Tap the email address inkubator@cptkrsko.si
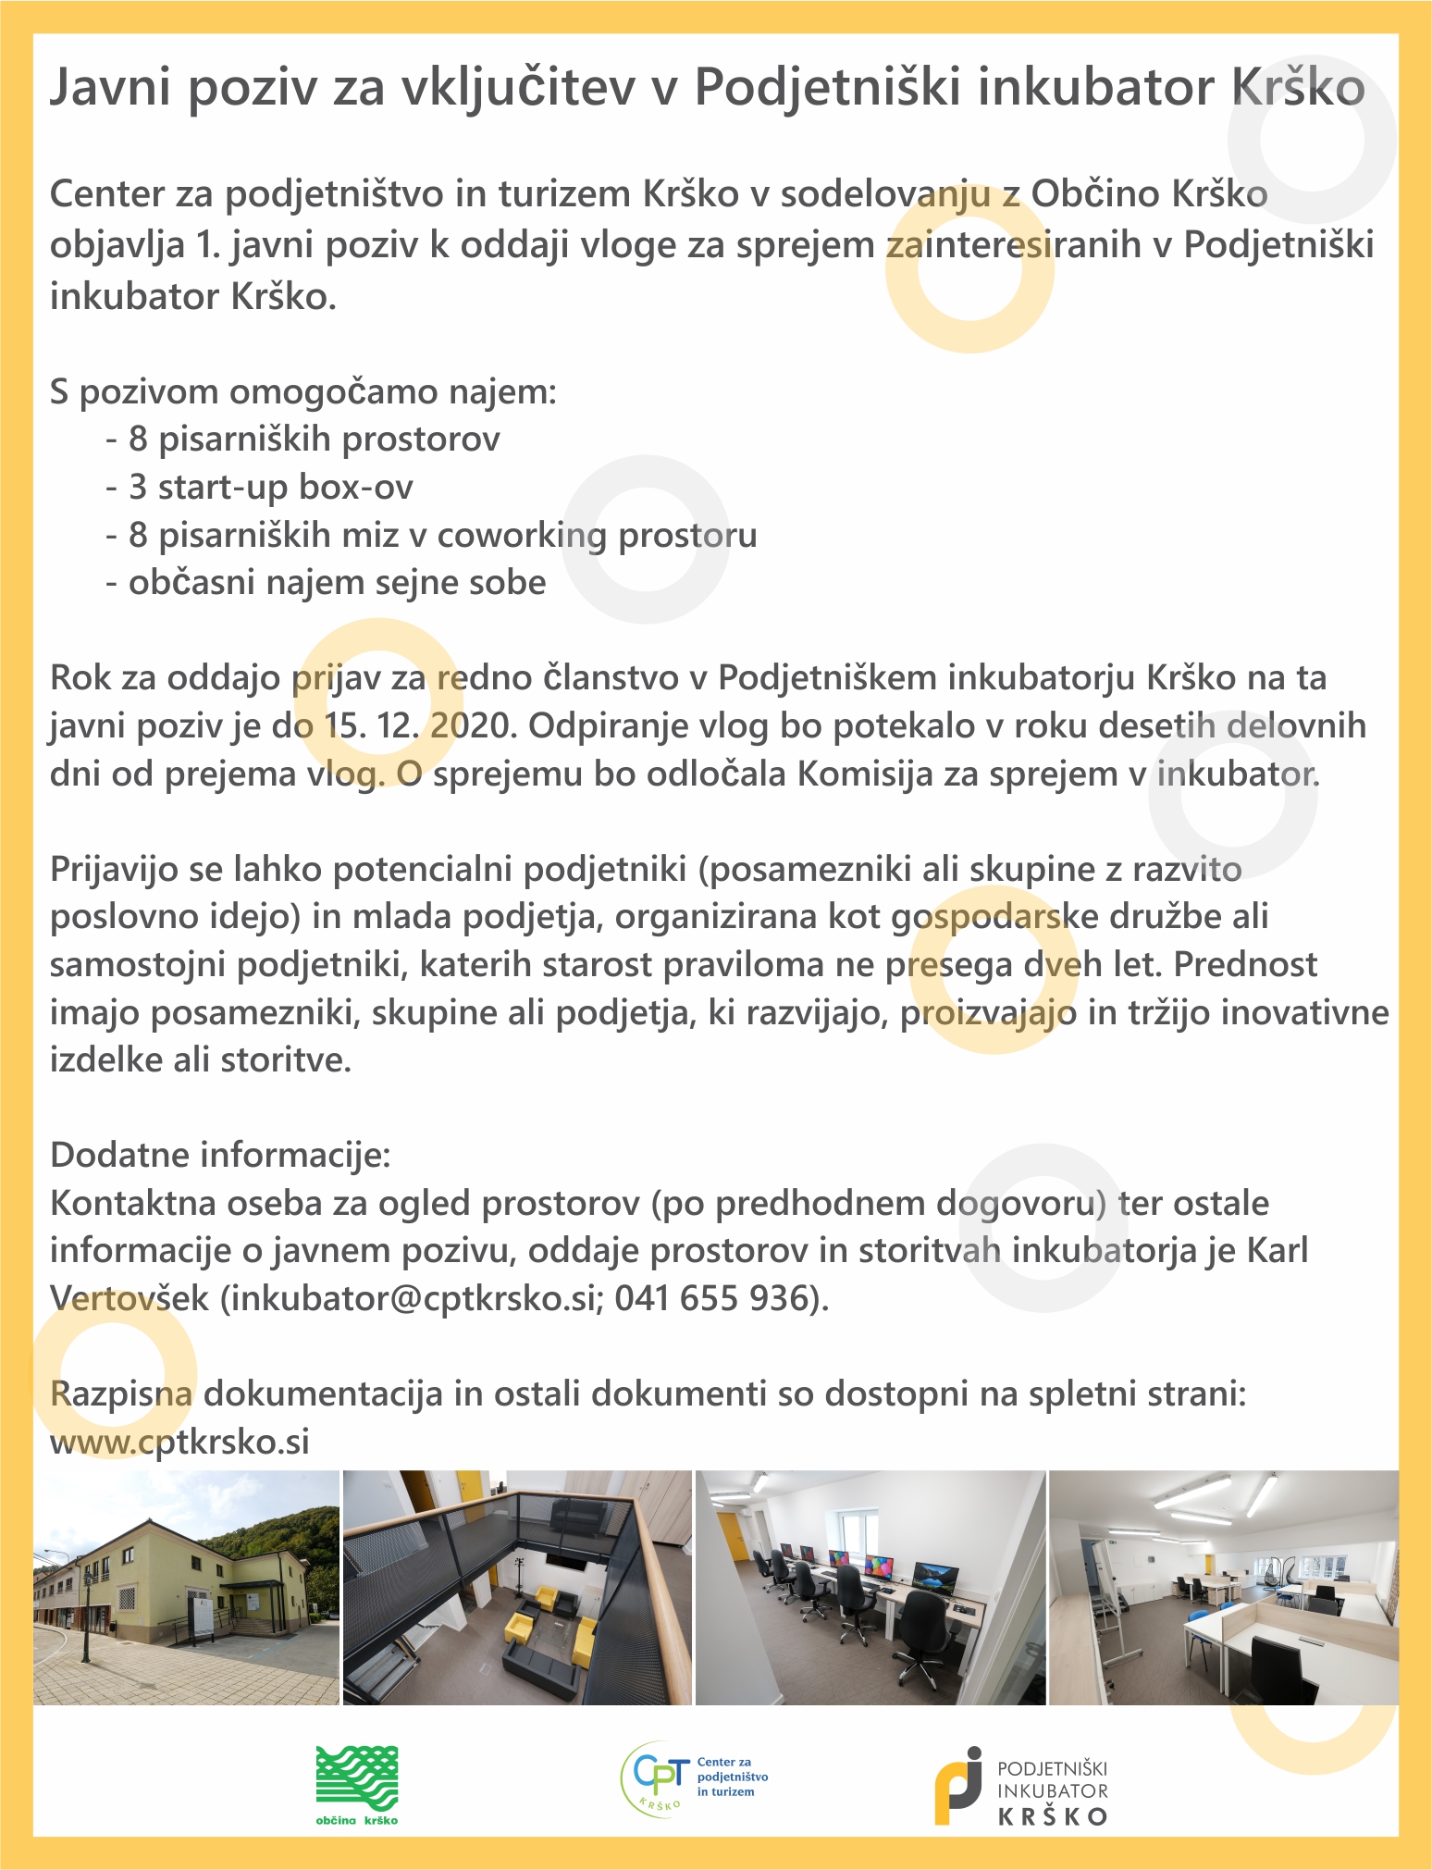[x=412, y=1298]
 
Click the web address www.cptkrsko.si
[x=179, y=1441]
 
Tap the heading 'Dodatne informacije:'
[x=220, y=1155]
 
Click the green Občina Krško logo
[x=357, y=1785]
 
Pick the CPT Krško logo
[x=694, y=1778]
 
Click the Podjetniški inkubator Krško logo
[x=1020, y=1786]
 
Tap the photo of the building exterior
[x=187, y=1588]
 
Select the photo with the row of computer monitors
[x=870, y=1588]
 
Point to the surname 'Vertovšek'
[x=130, y=1298]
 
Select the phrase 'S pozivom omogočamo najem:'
[x=303, y=391]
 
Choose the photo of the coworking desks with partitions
[x=1223, y=1588]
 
